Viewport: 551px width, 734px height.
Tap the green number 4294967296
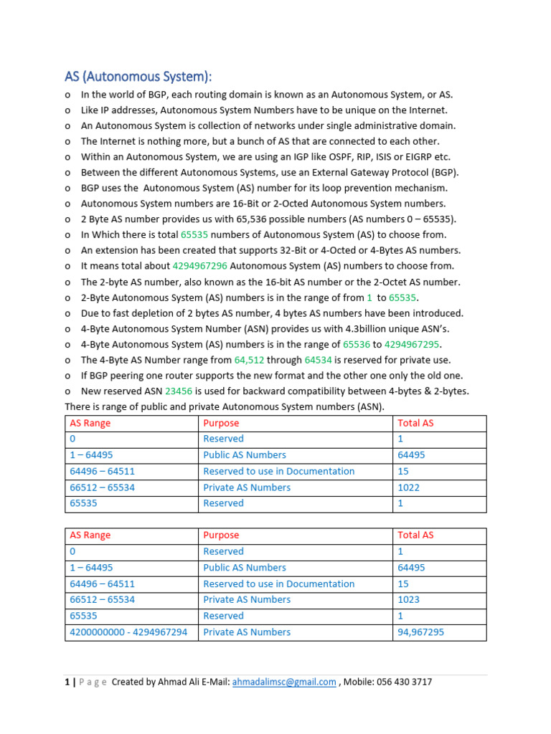tap(200, 266)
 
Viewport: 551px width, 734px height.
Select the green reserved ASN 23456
tap(179, 391)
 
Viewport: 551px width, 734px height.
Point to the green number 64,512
tap(250, 360)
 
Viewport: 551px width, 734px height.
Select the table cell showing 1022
tap(409, 487)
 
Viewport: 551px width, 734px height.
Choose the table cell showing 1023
tap(409, 600)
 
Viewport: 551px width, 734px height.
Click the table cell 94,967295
tap(420, 632)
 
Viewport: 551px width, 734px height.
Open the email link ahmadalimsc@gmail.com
tap(284, 682)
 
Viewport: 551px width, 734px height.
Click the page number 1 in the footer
tap(67, 682)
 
